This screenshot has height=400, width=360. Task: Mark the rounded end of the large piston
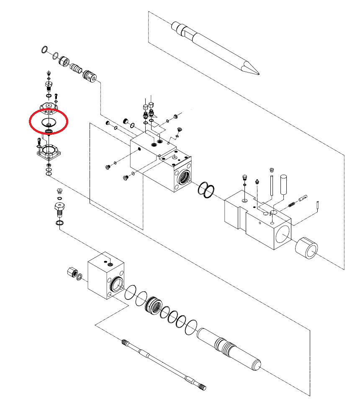(256, 364)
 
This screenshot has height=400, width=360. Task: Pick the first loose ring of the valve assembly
(45, 50)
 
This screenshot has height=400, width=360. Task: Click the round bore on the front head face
(282, 235)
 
